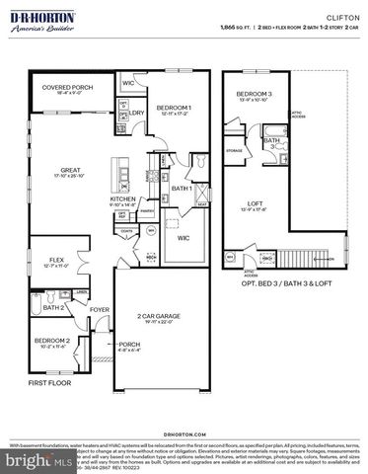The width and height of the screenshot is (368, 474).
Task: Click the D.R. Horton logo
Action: (x=46, y=21)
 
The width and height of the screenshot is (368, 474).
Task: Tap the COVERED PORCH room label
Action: (x=67, y=88)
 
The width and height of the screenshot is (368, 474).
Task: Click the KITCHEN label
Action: (x=123, y=198)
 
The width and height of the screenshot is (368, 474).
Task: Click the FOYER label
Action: (x=100, y=308)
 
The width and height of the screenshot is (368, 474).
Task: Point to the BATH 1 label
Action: (x=181, y=188)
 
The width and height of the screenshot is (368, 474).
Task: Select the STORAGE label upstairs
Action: (x=234, y=151)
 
